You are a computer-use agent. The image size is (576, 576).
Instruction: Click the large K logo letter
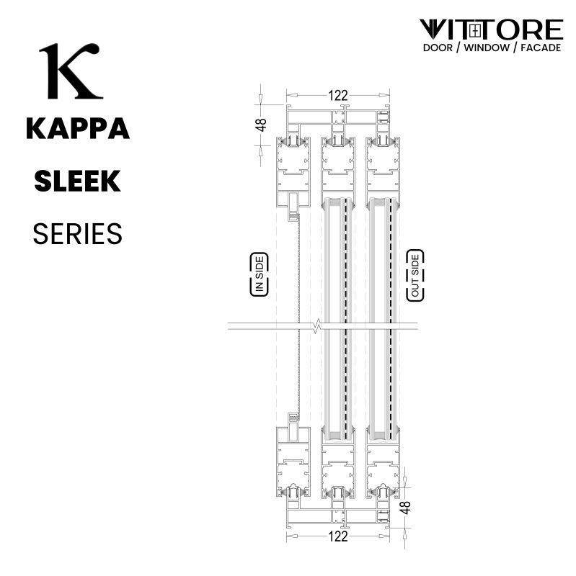coord(70,71)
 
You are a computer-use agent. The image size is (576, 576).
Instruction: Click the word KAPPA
coord(78,128)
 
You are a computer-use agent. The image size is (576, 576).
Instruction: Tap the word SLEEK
coord(77,181)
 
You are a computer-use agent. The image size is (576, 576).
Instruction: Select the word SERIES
coord(77,233)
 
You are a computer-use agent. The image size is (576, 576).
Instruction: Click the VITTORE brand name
coord(492,30)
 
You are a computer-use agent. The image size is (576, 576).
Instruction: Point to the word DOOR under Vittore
coord(438,48)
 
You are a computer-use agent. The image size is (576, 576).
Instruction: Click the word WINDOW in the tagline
coord(487,48)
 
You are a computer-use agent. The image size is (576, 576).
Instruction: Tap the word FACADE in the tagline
coord(541,48)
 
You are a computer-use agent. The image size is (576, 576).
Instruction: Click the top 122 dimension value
coord(337,96)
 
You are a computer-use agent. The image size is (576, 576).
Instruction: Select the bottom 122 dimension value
coord(337,536)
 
